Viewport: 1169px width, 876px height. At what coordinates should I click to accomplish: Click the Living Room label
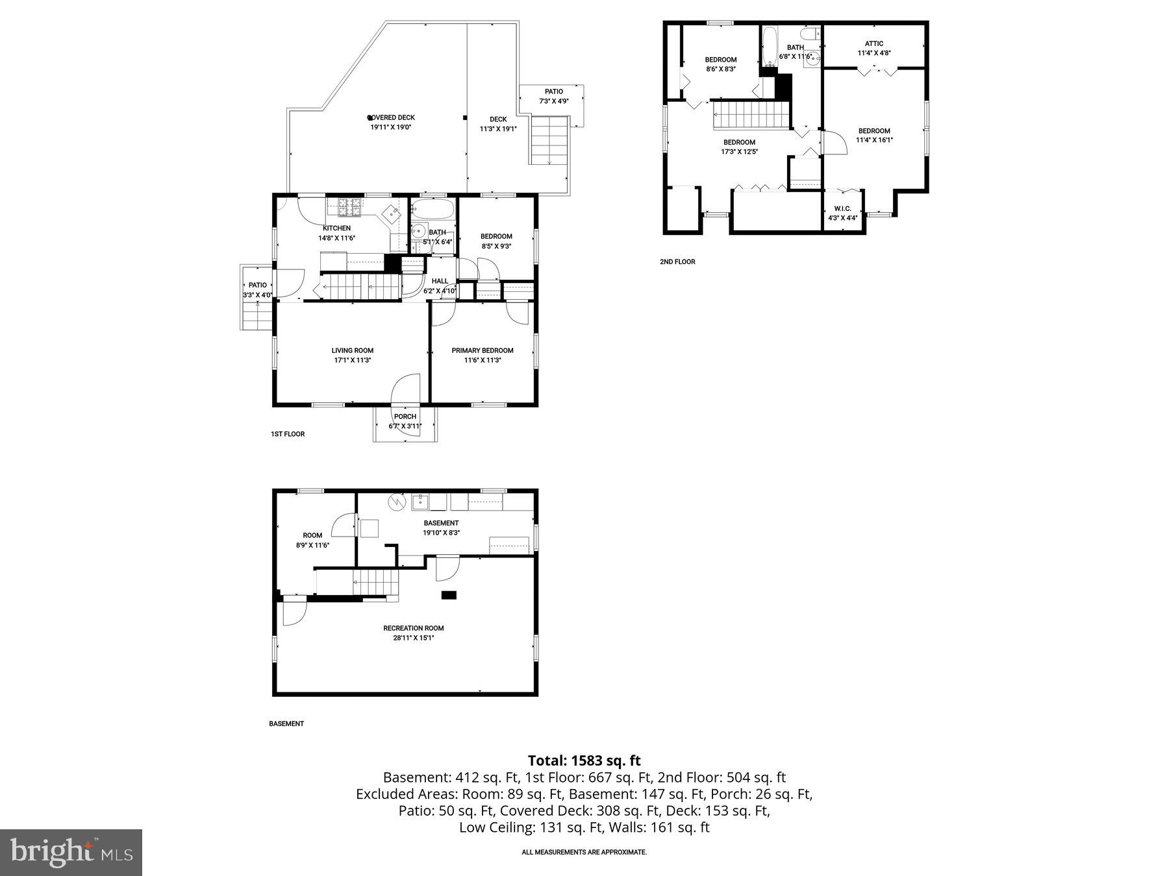pos(352,350)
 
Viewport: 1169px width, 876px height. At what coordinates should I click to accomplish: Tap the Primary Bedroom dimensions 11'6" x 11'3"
pos(483,360)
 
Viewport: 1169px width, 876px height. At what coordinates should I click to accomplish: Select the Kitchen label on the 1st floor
pos(336,228)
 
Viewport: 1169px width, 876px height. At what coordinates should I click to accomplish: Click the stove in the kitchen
pos(349,208)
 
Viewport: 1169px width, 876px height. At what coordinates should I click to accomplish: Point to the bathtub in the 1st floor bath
pos(433,210)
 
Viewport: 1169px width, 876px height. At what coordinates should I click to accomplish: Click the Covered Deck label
pos(392,117)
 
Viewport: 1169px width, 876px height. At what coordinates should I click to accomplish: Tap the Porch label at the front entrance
pos(405,417)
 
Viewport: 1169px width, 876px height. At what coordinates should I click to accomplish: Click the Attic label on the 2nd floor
pos(874,43)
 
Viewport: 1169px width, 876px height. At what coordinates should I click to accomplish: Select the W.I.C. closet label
pos(842,208)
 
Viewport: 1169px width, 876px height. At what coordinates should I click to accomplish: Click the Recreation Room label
pos(414,628)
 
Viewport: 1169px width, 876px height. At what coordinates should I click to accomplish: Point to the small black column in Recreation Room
pos(449,594)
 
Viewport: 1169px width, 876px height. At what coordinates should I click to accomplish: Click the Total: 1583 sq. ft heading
pos(584,760)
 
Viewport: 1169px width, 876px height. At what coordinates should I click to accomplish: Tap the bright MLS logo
pos(71,852)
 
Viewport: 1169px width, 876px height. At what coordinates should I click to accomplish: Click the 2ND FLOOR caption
pos(677,262)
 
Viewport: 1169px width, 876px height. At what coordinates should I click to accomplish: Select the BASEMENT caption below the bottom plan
pos(286,724)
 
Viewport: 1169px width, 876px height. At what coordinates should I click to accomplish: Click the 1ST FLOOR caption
pos(288,434)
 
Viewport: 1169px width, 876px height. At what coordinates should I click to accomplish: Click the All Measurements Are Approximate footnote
pos(584,852)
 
